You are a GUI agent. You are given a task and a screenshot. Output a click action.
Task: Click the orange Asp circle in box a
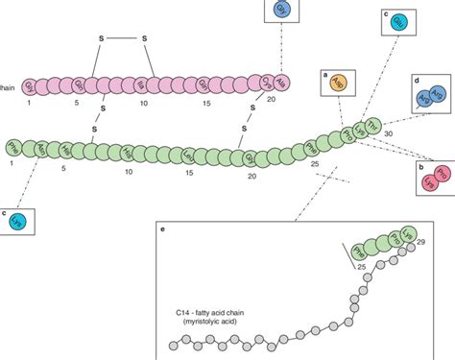pos(338,84)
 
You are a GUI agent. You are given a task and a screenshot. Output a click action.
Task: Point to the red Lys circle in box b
pos(429,183)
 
